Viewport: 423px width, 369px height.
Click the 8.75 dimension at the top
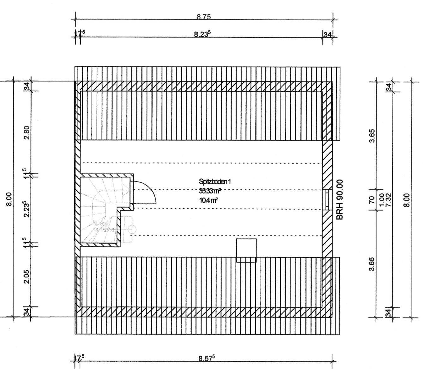[x=203, y=17]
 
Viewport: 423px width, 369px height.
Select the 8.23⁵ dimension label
[x=202, y=34]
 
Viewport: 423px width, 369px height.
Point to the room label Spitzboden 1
[x=215, y=182]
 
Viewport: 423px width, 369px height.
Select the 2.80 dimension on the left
[x=27, y=132]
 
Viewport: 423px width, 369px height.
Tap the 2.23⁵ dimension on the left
[x=27, y=209]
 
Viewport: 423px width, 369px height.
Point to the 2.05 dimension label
[x=27, y=277]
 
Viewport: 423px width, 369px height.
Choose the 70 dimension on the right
[x=372, y=199]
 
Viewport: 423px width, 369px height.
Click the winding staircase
[x=101, y=208]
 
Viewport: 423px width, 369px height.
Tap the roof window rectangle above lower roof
[x=246, y=250]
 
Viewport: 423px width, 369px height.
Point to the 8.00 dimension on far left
[x=9, y=199]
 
